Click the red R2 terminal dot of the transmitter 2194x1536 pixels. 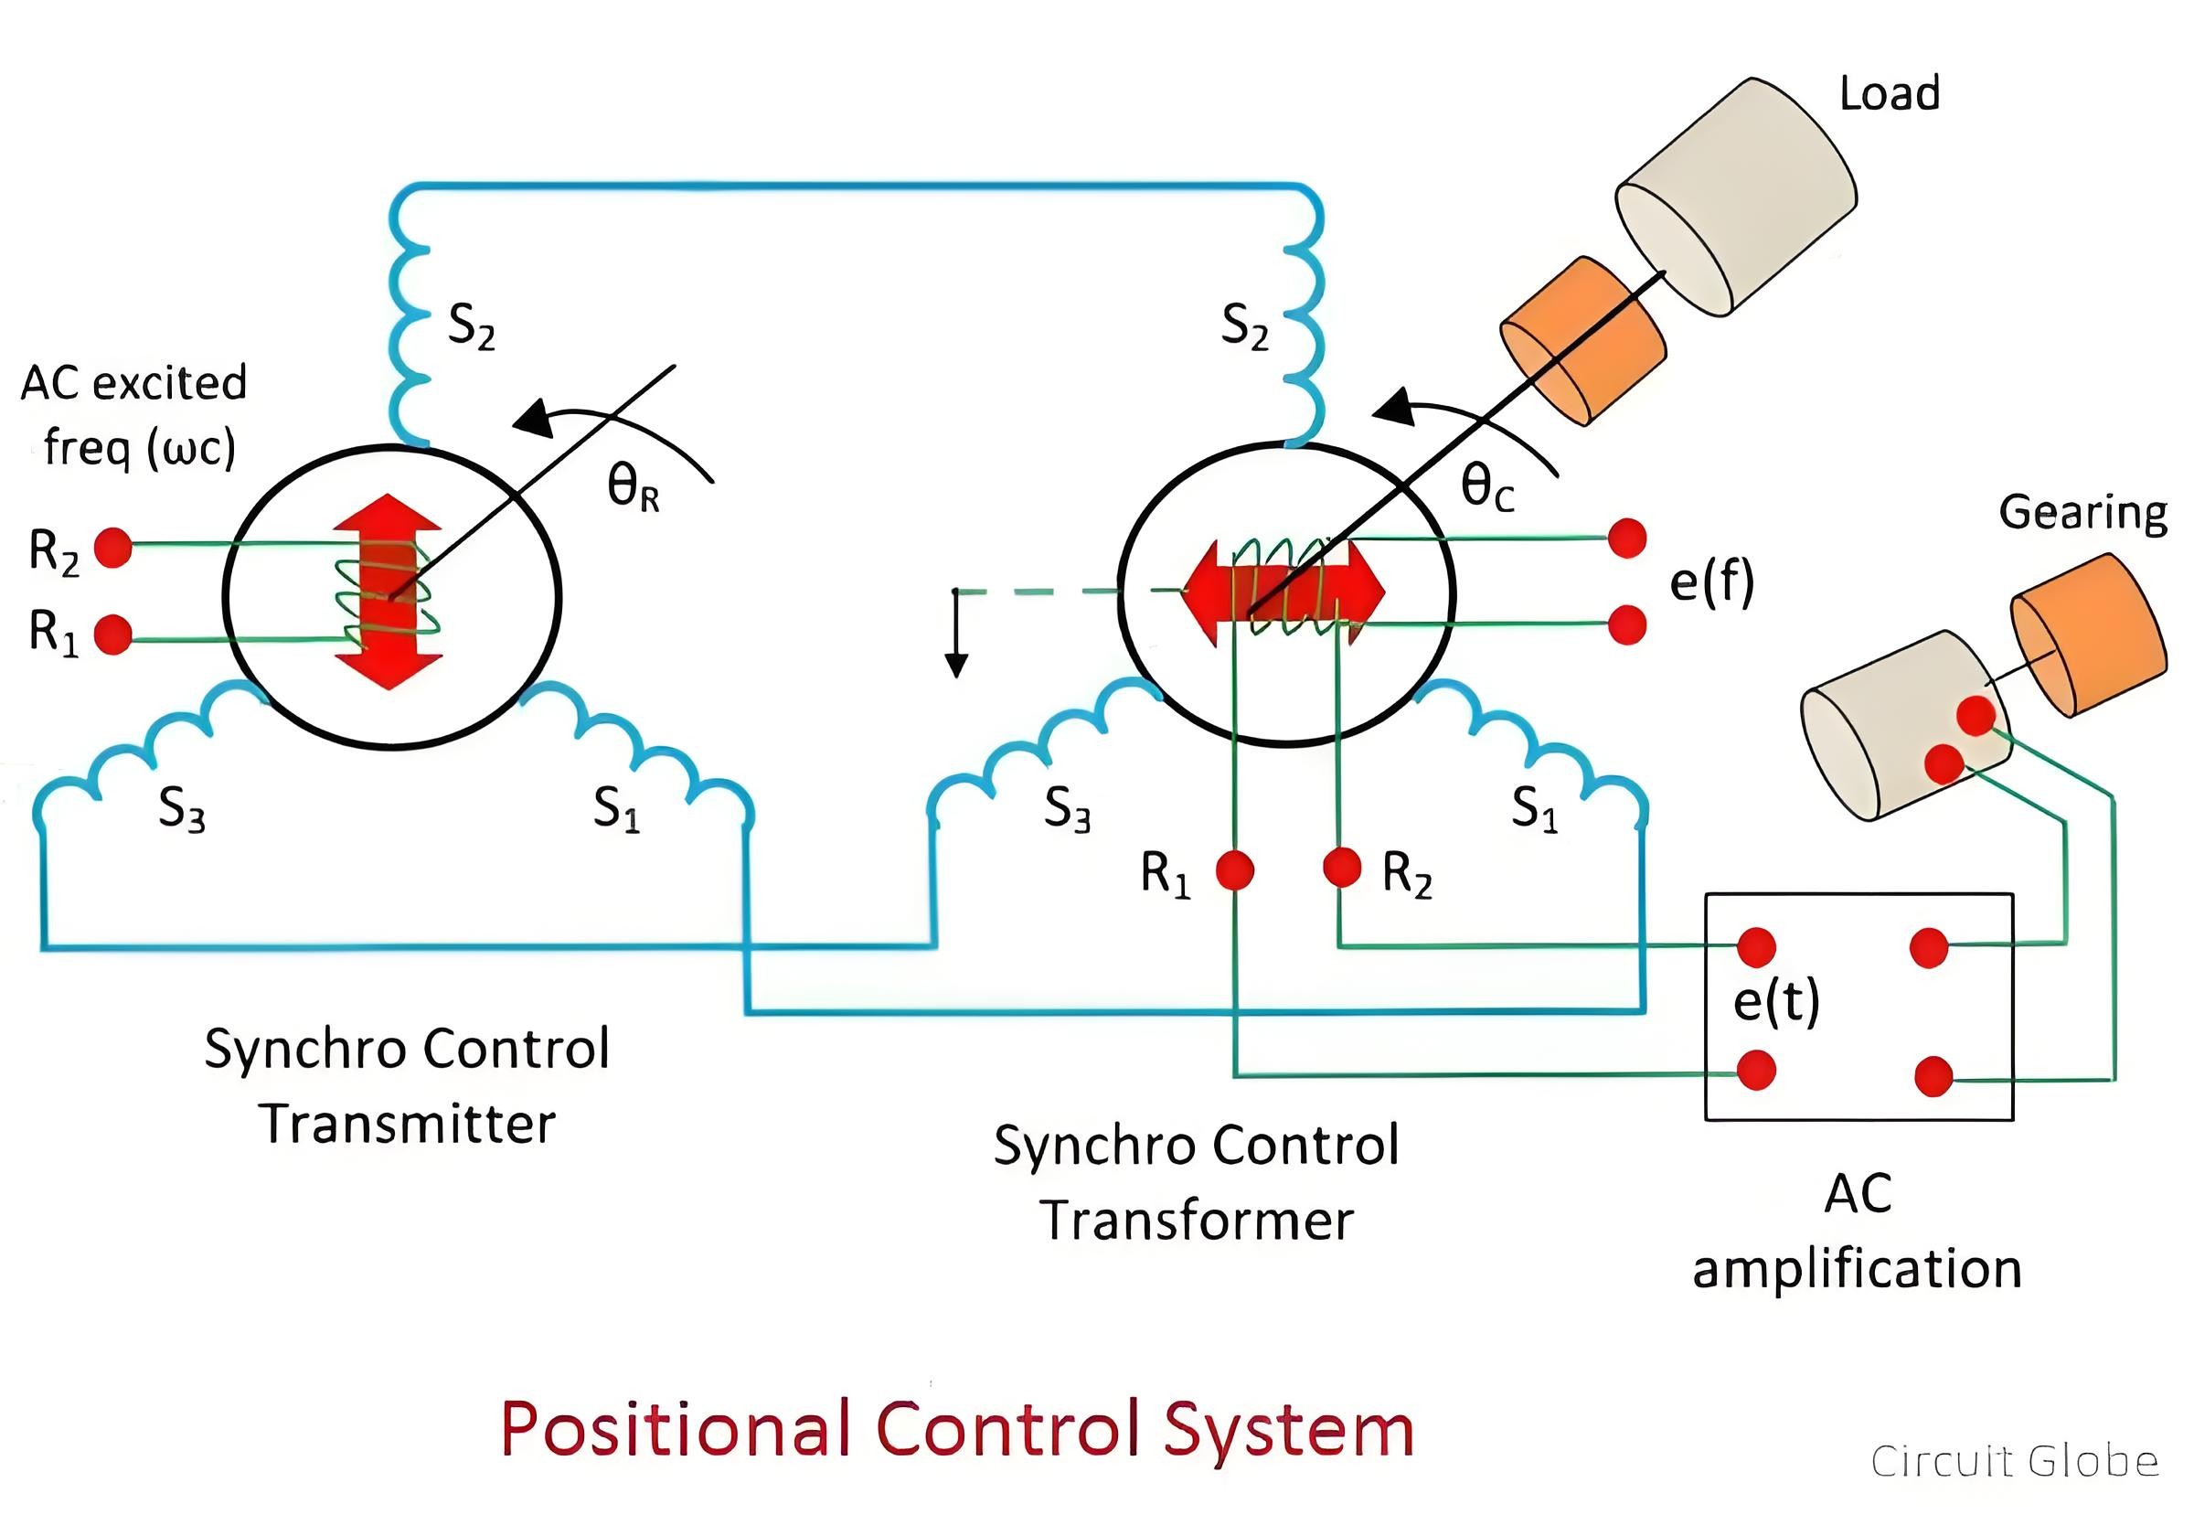coord(112,548)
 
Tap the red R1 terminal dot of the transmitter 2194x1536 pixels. coord(112,635)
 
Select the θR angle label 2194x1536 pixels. coord(634,486)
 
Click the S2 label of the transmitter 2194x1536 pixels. coord(472,325)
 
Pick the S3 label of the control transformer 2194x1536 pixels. coord(1068,809)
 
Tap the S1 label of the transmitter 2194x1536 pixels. coord(616,808)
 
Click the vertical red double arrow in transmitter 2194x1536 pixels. coord(388,592)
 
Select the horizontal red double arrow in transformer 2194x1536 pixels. coord(1283,592)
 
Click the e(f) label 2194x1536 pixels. coord(1712,582)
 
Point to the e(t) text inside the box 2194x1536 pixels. coord(1776,1002)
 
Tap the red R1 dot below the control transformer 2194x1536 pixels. coord(1235,870)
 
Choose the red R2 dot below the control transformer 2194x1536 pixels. coord(1342,867)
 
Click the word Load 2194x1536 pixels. coord(1890,93)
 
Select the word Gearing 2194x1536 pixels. coord(2083,514)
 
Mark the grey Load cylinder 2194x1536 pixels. coord(1736,195)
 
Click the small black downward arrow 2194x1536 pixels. coord(956,633)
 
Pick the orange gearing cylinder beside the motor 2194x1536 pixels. coord(2089,635)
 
